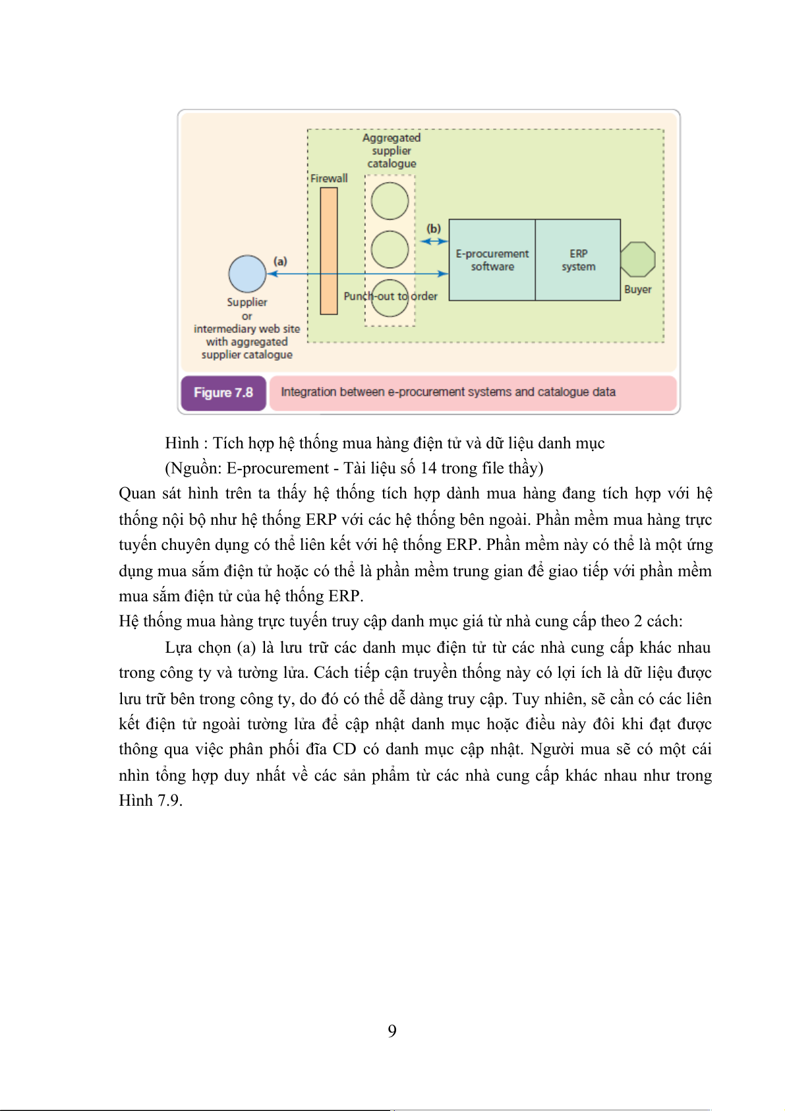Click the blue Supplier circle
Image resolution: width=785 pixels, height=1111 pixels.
coord(247,274)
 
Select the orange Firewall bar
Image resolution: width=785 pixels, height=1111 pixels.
coord(329,251)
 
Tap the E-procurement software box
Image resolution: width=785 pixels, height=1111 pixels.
coord(492,260)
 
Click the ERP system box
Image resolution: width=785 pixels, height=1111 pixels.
coord(578,260)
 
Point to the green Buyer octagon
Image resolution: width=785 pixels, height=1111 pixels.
coord(637,259)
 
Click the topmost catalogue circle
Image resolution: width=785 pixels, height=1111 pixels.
coord(390,201)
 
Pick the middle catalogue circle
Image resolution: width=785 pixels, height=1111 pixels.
coord(390,249)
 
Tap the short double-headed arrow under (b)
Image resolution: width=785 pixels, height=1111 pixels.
coord(434,241)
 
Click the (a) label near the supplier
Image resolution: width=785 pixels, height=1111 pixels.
coord(281,261)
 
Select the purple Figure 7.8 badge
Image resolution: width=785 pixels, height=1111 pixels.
coord(223,393)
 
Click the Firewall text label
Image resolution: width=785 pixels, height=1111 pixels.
coord(329,179)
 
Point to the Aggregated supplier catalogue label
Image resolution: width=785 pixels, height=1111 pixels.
coord(392,150)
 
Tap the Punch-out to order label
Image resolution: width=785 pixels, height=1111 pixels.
coord(390,297)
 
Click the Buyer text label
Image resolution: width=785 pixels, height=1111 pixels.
coord(637,289)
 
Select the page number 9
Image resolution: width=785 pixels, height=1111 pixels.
coord(392,1031)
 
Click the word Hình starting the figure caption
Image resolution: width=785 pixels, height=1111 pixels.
coord(181,443)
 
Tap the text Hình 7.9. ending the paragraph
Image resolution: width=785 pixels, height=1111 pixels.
coord(150,800)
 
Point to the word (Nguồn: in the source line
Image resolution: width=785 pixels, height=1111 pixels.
coord(193,468)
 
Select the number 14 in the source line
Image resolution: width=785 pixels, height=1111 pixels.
coord(428,468)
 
